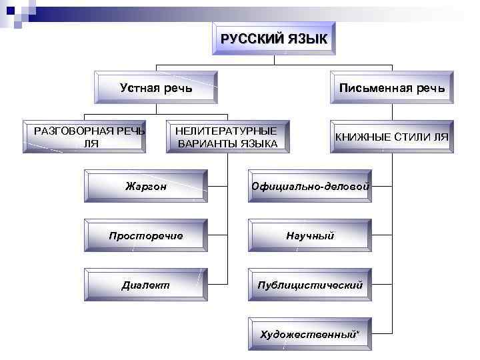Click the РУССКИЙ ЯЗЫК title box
[x=274, y=39]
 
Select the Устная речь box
[x=155, y=88]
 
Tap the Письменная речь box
[x=391, y=88]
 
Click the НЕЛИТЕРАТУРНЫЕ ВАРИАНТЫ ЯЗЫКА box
[x=227, y=137]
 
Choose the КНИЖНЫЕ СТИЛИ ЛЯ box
[x=391, y=137]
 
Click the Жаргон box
[x=146, y=186]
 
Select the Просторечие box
[x=146, y=235]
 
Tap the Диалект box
[x=146, y=285]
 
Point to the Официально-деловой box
[x=310, y=186]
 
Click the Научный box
[x=310, y=235]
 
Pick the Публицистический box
[x=310, y=285]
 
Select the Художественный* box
[x=310, y=333]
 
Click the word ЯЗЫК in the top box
[x=308, y=39]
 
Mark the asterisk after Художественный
[x=357, y=331]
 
